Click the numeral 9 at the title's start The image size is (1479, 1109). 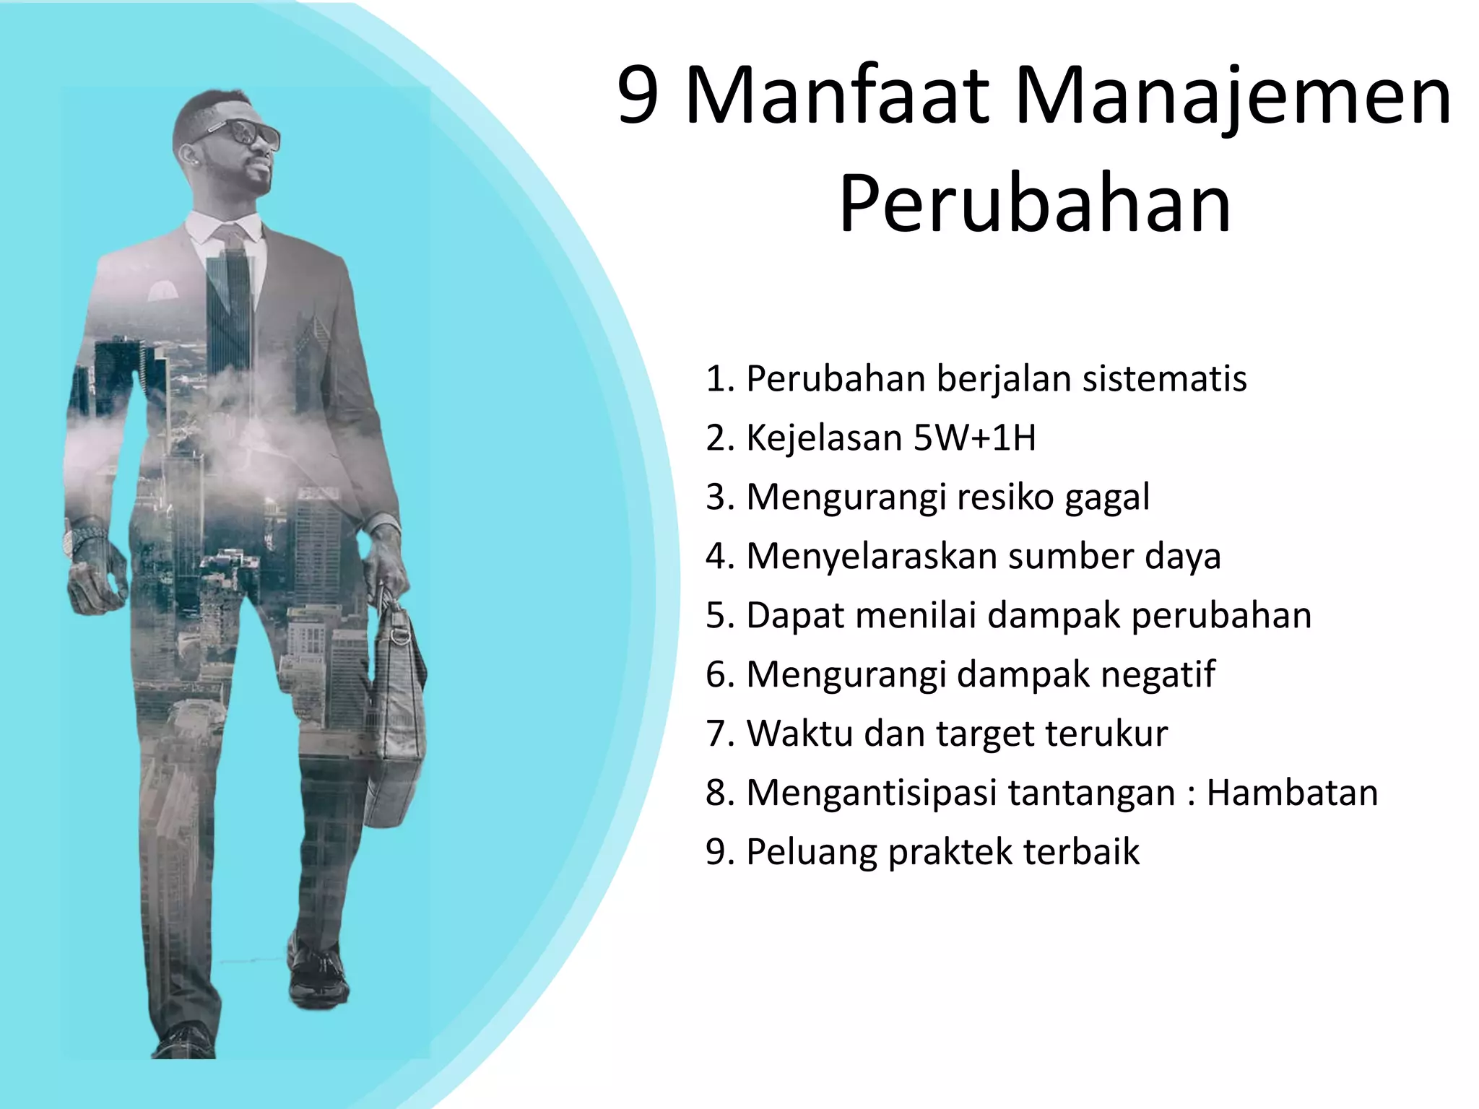[x=638, y=97]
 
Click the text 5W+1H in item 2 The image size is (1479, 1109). [x=974, y=438]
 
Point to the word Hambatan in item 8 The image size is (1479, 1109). [x=1292, y=793]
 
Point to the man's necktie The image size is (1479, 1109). [x=233, y=303]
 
